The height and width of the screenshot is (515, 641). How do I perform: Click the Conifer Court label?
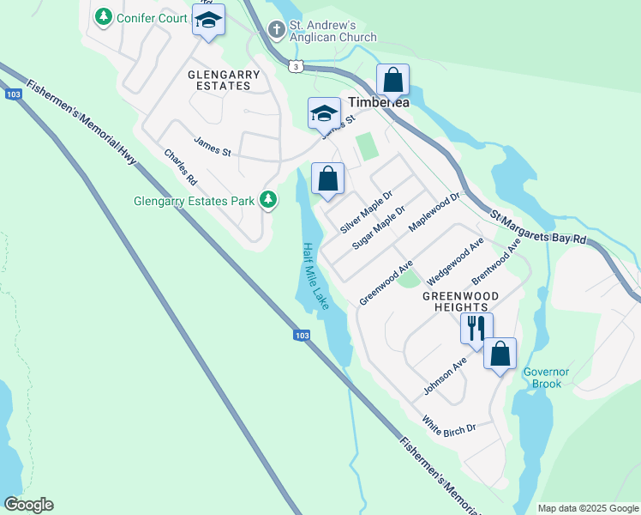[152, 17]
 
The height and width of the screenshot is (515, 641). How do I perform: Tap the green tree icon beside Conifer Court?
[103, 16]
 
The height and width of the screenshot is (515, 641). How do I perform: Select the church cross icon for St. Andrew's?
[276, 30]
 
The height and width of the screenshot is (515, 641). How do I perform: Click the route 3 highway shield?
[296, 65]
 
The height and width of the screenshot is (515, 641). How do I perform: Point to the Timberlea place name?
[379, 102]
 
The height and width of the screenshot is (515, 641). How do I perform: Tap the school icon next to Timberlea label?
[324, 112]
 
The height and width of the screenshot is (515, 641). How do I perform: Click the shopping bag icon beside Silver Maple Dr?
[327, 179]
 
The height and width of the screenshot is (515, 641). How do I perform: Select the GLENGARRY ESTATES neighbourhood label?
[224, 81]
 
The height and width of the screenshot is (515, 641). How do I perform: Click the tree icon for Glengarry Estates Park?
[268, 200]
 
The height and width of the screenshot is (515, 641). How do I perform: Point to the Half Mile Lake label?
[315, 276]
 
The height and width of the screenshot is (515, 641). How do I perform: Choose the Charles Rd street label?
[181, 167]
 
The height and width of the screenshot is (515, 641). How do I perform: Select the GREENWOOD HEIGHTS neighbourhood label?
[455, 300]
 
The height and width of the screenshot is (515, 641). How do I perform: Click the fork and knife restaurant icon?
[476, 328]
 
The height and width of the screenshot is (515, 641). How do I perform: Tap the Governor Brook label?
[546, 378]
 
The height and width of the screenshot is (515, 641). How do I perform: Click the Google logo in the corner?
[28, 505]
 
